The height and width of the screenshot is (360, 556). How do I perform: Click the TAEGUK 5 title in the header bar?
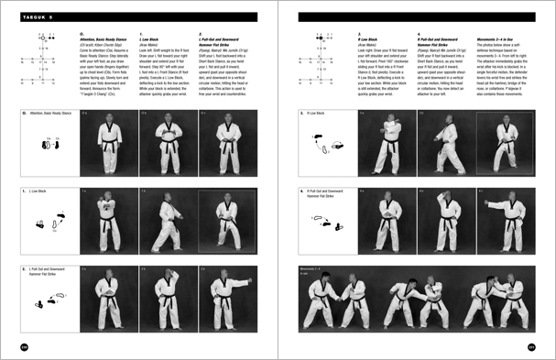pyautogui.click(x=32, y=16)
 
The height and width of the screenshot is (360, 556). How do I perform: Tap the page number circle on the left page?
pyautogui.click(x=23, y=345)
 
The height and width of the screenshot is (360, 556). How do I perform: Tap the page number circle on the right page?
pyautogui.click(x=531, y=345)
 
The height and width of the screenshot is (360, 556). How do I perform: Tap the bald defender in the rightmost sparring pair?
pyautogui.click(x=510, y=302)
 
